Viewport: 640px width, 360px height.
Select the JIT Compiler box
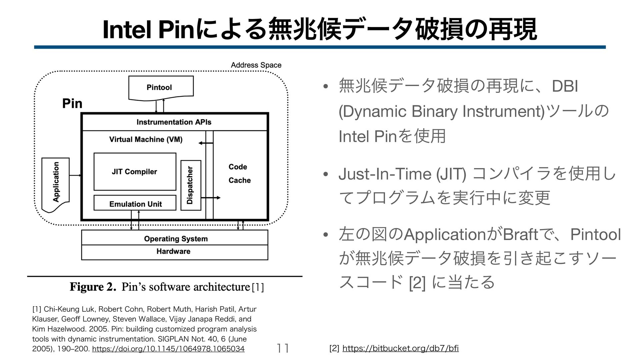click(135, 172)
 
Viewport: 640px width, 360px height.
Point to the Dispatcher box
click(191, 185)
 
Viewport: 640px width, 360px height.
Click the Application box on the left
click(56, 182)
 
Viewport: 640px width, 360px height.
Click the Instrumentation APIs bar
click(174, 122)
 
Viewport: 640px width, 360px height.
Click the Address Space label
click(256, 65)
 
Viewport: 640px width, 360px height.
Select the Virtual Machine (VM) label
click(146, 139)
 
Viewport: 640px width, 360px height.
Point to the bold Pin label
click(72, 103)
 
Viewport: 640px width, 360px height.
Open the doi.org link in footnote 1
click(168, 349)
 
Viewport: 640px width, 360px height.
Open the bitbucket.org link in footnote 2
click(400, 349)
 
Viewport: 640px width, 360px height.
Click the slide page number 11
click(283, 348)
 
